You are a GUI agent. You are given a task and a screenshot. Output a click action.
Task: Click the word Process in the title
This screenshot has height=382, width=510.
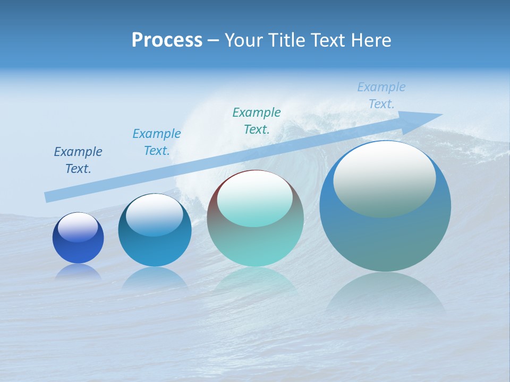coord(167,40)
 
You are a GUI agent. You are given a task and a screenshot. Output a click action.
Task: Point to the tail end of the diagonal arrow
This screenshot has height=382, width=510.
coord(48,197)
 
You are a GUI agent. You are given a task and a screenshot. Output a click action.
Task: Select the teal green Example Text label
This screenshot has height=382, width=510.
coord(257,120)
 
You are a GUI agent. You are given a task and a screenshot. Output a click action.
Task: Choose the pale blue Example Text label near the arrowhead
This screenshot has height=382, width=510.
coord(381,95)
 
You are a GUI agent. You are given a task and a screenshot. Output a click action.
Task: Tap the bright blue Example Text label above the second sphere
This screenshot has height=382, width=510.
coord(157,142)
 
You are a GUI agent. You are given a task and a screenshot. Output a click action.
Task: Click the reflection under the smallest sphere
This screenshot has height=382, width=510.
coord(78,272)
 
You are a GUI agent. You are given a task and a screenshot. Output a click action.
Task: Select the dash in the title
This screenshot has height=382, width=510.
coord(213,40)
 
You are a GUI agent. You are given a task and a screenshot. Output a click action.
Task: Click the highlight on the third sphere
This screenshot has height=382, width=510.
coord(254,199)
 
